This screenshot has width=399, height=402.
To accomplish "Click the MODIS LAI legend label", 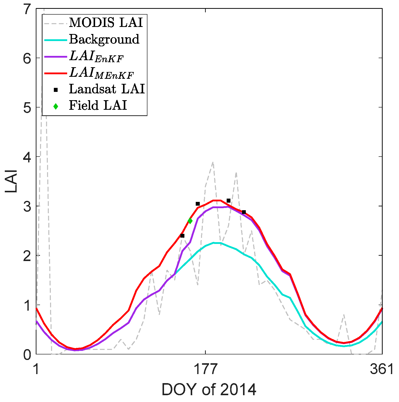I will pyautogui.click(x=106, y=23).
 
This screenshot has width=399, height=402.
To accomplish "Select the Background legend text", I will pyautogui.click(x=104, y=39).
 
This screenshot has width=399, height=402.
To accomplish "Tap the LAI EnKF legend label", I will pyautogui.click(x=96, y=56).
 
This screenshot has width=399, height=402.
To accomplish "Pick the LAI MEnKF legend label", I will pyautogui.click(x=101, y=73).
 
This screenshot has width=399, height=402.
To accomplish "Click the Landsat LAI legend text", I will pyautogui.click(x=107, y=89).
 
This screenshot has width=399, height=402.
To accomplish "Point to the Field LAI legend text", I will pyautogui.click(x=98, y=105).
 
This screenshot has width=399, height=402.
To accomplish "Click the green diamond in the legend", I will pyautogui.click(x=56, y=106).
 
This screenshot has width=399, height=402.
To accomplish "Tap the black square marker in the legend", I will pyautogui.click(x=56, y=90).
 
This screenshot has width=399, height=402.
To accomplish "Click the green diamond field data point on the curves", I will pyautogui.click(x=190, y=221).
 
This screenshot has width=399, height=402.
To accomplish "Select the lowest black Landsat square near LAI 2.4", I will pyautogui.click(x=182, y=236).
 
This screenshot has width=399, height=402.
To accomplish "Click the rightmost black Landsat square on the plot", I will pyautogui.click(x=244, y=212).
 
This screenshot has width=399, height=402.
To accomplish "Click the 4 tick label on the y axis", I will pyautogui.click(x=26, y=157).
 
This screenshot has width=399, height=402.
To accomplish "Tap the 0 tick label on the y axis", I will pyautogui.click(x=26, y=354).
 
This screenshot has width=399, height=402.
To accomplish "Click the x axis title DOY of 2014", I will pyautogui.click(x=209, y=389).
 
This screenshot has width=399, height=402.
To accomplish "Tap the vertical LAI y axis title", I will pyautogui.click(x=11, y=181).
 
